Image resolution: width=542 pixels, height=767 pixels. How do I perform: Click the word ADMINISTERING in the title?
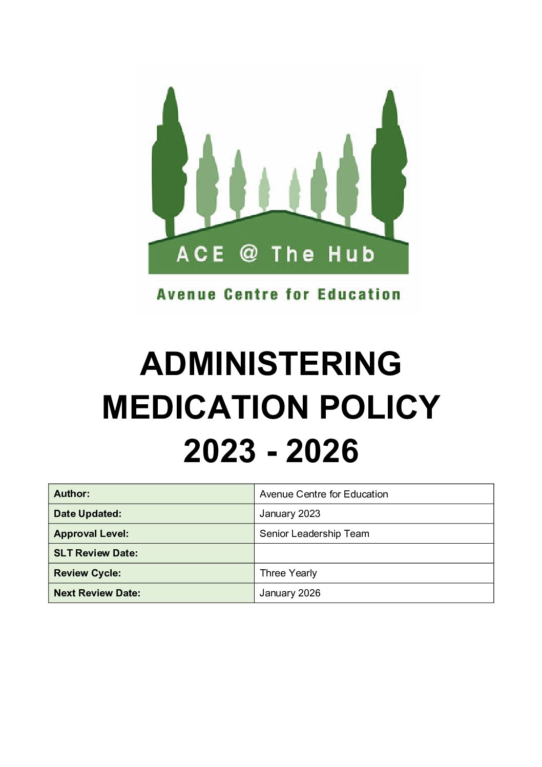coord(270,364)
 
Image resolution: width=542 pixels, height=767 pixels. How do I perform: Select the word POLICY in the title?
coord(380,408)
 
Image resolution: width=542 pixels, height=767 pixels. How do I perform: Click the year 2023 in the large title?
coord(219,451)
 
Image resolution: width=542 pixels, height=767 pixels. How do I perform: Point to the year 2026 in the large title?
coord(322,451)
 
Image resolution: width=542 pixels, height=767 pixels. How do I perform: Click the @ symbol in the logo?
coord(248,253)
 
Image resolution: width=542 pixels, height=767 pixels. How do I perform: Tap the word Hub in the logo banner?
coord(351,254)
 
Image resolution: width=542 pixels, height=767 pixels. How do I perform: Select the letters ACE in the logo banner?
coord(200,254)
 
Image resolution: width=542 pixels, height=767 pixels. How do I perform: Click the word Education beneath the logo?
coord(359,295)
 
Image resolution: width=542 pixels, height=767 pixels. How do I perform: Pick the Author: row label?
coord(72,494)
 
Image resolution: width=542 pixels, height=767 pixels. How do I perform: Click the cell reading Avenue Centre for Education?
coord(324,494)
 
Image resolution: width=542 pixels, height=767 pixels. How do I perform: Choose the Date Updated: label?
coord(88,514)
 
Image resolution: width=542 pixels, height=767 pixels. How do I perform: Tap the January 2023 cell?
coord(290,514)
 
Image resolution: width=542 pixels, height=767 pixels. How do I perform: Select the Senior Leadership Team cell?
coord(314,534)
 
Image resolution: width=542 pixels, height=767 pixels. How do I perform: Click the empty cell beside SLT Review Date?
coord(373,553)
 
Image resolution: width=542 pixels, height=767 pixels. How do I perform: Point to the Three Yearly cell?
coord(288,573)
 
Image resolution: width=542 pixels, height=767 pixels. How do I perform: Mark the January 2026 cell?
coord(290,593)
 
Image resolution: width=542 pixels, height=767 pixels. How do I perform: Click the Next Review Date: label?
coord(97,593)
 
